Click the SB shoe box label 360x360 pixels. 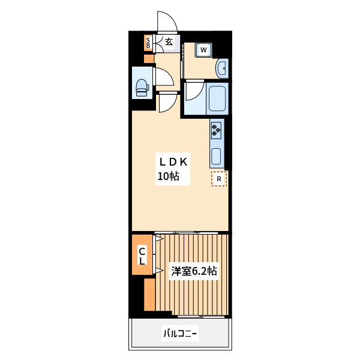click(x=148, y=43)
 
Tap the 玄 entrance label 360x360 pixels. click(x=169, y=42)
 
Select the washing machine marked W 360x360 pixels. click(x=203, y=50)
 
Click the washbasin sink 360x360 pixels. click(x=222, y=68)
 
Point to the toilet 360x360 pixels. click(x=142, y=88)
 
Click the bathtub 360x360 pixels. click(x=217, y=98)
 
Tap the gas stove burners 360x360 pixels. click(x=216, y=130)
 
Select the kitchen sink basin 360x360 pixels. click(x=216, y=157)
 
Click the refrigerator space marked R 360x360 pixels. click(x=219, y=178)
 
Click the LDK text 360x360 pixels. click(x=173, y=163)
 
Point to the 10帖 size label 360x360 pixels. click(x=168, y=176)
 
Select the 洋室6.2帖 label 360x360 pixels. click(x=194, y=271)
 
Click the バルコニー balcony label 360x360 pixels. click(x=180, y=333)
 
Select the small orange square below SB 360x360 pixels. click(x=149, y=59)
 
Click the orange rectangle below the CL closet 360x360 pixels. click(x=149, y=295)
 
